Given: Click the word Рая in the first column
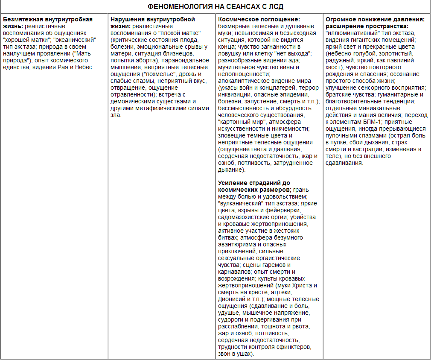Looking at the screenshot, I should tap(70, 67).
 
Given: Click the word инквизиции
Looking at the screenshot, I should tap(237, 94).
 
